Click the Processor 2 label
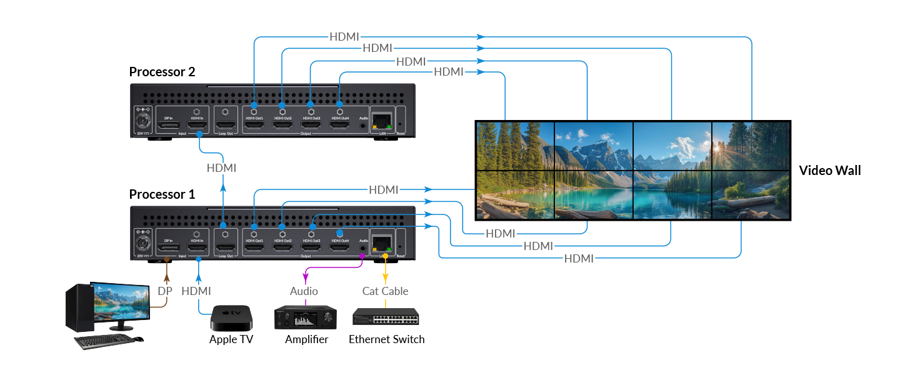click(x=162, y=72)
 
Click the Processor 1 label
click(x=162, y=194)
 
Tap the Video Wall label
click(x=829, y=171)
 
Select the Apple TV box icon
click(x=231, y=318)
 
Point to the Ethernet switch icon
click(x=386, y=317)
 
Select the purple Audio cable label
click(x=304, y=291)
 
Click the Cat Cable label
click(x=385, y=291)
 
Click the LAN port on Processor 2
click(x=381, y=119)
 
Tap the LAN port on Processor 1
click(x=381, y=242)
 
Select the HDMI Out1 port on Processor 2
click(x=254, y=126)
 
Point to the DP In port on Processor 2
click(x=167, y=126)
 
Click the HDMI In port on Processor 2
click(x=197, y=126)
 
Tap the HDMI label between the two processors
click(x=221, y=168)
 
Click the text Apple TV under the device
click(x=231, y=339)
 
